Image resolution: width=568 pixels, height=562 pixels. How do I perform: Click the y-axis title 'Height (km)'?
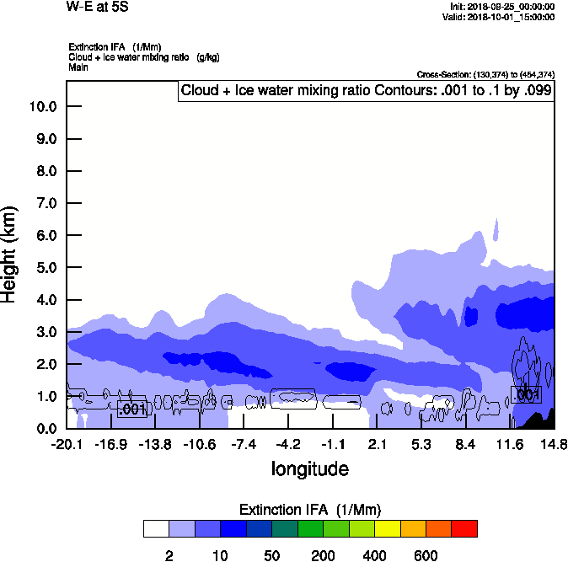pyautogui.click(x=10, y=254)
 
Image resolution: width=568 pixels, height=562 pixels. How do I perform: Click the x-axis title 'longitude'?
pyautogui.click(x=309, y=468)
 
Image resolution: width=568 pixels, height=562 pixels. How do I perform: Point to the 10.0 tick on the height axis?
pyautogui.click(x=44, y=107)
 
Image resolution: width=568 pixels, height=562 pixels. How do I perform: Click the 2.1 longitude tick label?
pyautogui.click(x=377, y=444)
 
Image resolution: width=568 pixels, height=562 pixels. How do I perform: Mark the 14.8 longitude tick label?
pyautogui.click(x=554, y=444)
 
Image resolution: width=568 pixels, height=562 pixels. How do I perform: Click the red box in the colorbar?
pyautogui.click(x=464, y=529)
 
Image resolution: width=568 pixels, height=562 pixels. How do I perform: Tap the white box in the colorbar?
pyautogui.click(x=156, y=529)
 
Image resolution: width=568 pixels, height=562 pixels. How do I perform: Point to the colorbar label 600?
pyautogui.click(x=426, y=555)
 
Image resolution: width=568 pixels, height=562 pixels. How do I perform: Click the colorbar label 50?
pyautogui.click(x=272, y=555)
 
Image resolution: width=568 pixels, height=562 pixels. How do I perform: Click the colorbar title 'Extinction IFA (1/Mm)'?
pyautogui.click(x=309, y=510)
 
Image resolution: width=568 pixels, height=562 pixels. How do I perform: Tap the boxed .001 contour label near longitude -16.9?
pyautogui.click(x=132, y=409)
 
